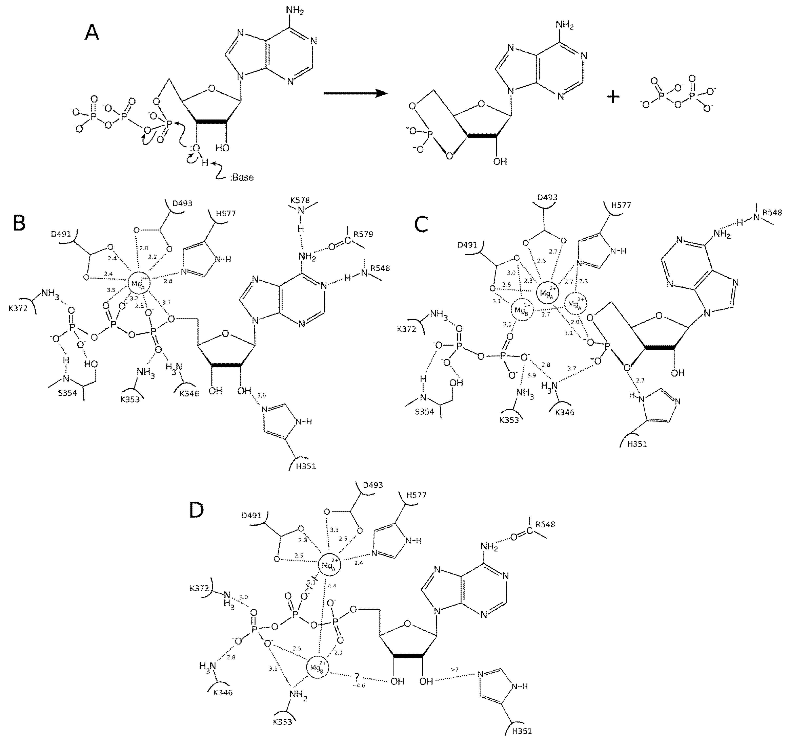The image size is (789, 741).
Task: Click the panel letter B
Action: coord(19,223)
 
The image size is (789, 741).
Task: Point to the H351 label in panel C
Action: coord(637,444)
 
